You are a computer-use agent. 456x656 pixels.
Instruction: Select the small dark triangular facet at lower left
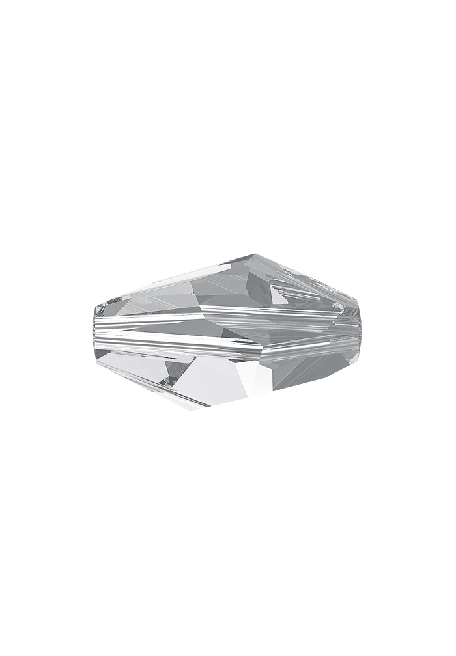[x=174, y=372]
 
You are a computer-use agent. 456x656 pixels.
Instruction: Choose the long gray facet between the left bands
[x=163, y=339]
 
